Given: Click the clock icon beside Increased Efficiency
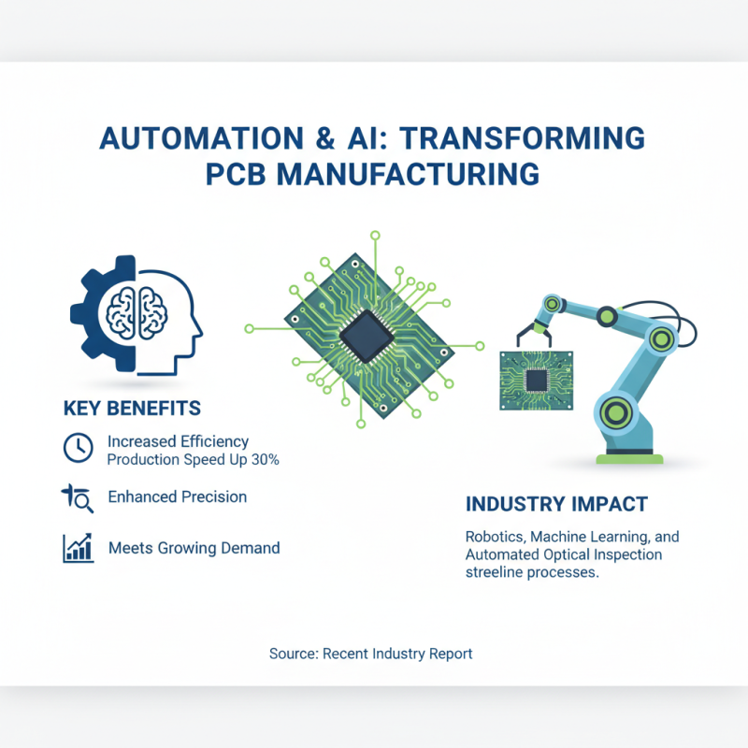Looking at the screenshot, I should pyautogui.click(x=78, y=448).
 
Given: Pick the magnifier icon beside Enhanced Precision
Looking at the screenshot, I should pyautogui.click(x=79, y=499).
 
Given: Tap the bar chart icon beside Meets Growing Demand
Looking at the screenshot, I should pyautogui.click(x=78, y=548).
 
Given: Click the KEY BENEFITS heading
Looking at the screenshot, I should pyautogui.click(x=132, y=409).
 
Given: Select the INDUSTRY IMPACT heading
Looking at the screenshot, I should pyautogui.click(x=556, y=504).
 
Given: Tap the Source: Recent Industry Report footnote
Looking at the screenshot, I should pyautogui.click(x=371, y=654).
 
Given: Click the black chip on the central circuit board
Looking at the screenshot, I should pyautogui.click(x=366, y=333).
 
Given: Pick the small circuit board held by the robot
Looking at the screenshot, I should pyautogui.click(x=535, y=379).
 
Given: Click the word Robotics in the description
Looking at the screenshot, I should pyautogui.click(x=496, y=538).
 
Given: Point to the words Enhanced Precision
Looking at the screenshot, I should pyautogui.click(x=178, y=497).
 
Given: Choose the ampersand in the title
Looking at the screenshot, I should pyautogui.click(x=327, y=138).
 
